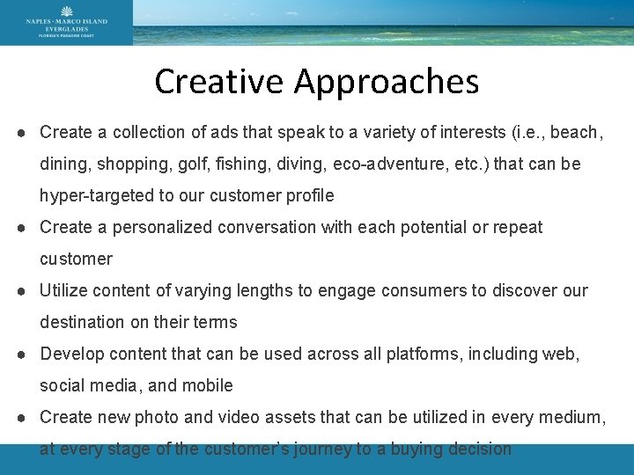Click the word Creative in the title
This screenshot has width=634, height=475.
[x=220, y=82]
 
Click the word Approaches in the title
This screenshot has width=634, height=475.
[x=387, y=82]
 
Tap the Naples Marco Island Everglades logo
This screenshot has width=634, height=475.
[x=67, y=22]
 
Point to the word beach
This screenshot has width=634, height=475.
[x=575, y=133]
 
